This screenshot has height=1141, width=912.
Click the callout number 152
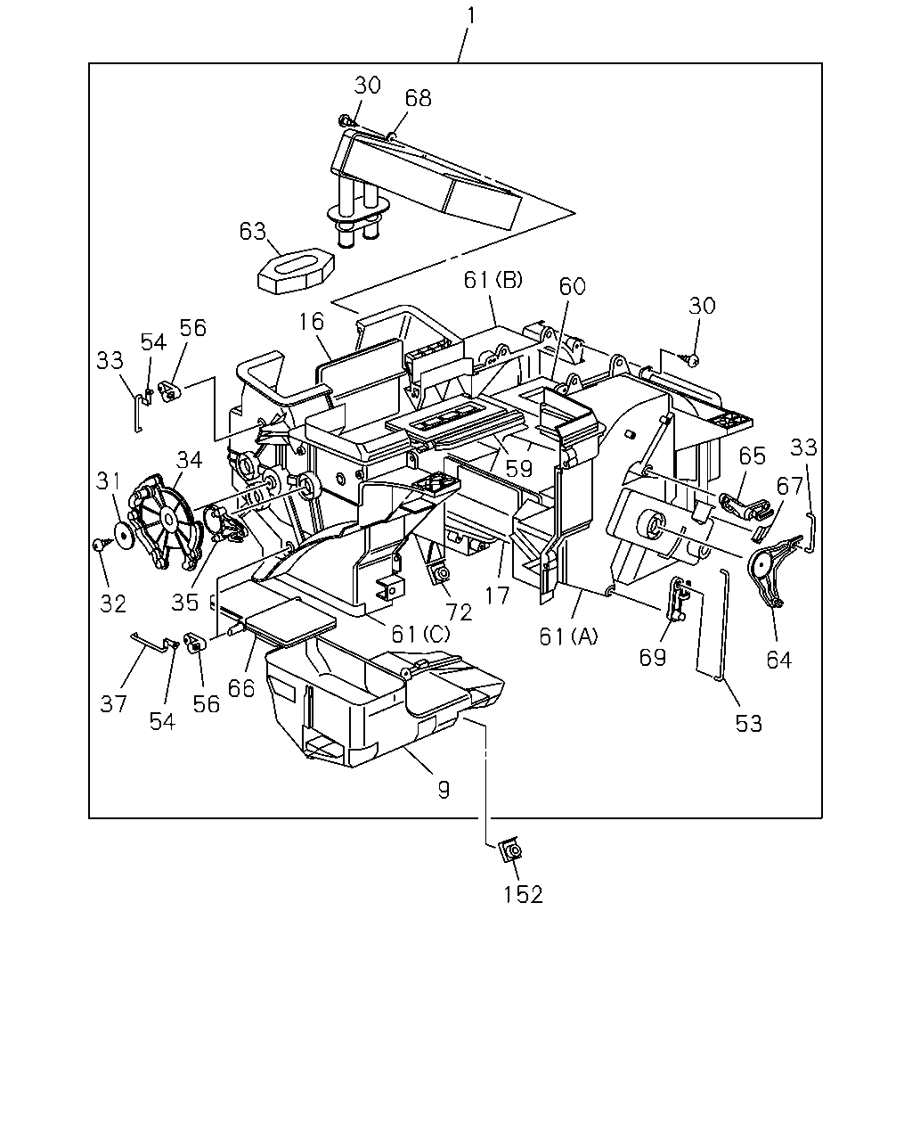523,895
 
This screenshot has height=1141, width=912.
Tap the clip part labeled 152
511,850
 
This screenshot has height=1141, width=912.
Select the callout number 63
253,231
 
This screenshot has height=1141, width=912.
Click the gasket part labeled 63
297,272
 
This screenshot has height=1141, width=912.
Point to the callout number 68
419,98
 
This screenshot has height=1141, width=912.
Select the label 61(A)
568,636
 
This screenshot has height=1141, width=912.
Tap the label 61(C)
420,633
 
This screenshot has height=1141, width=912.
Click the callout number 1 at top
470,15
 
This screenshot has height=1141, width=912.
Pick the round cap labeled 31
125,537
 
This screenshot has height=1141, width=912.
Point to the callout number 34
189,460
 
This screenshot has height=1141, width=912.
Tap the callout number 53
749,723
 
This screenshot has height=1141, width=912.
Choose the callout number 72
459,612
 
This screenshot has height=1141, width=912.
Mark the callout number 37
113,703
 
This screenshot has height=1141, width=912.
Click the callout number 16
311,321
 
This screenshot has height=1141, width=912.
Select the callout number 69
652,658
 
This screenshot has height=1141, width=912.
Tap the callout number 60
573,286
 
